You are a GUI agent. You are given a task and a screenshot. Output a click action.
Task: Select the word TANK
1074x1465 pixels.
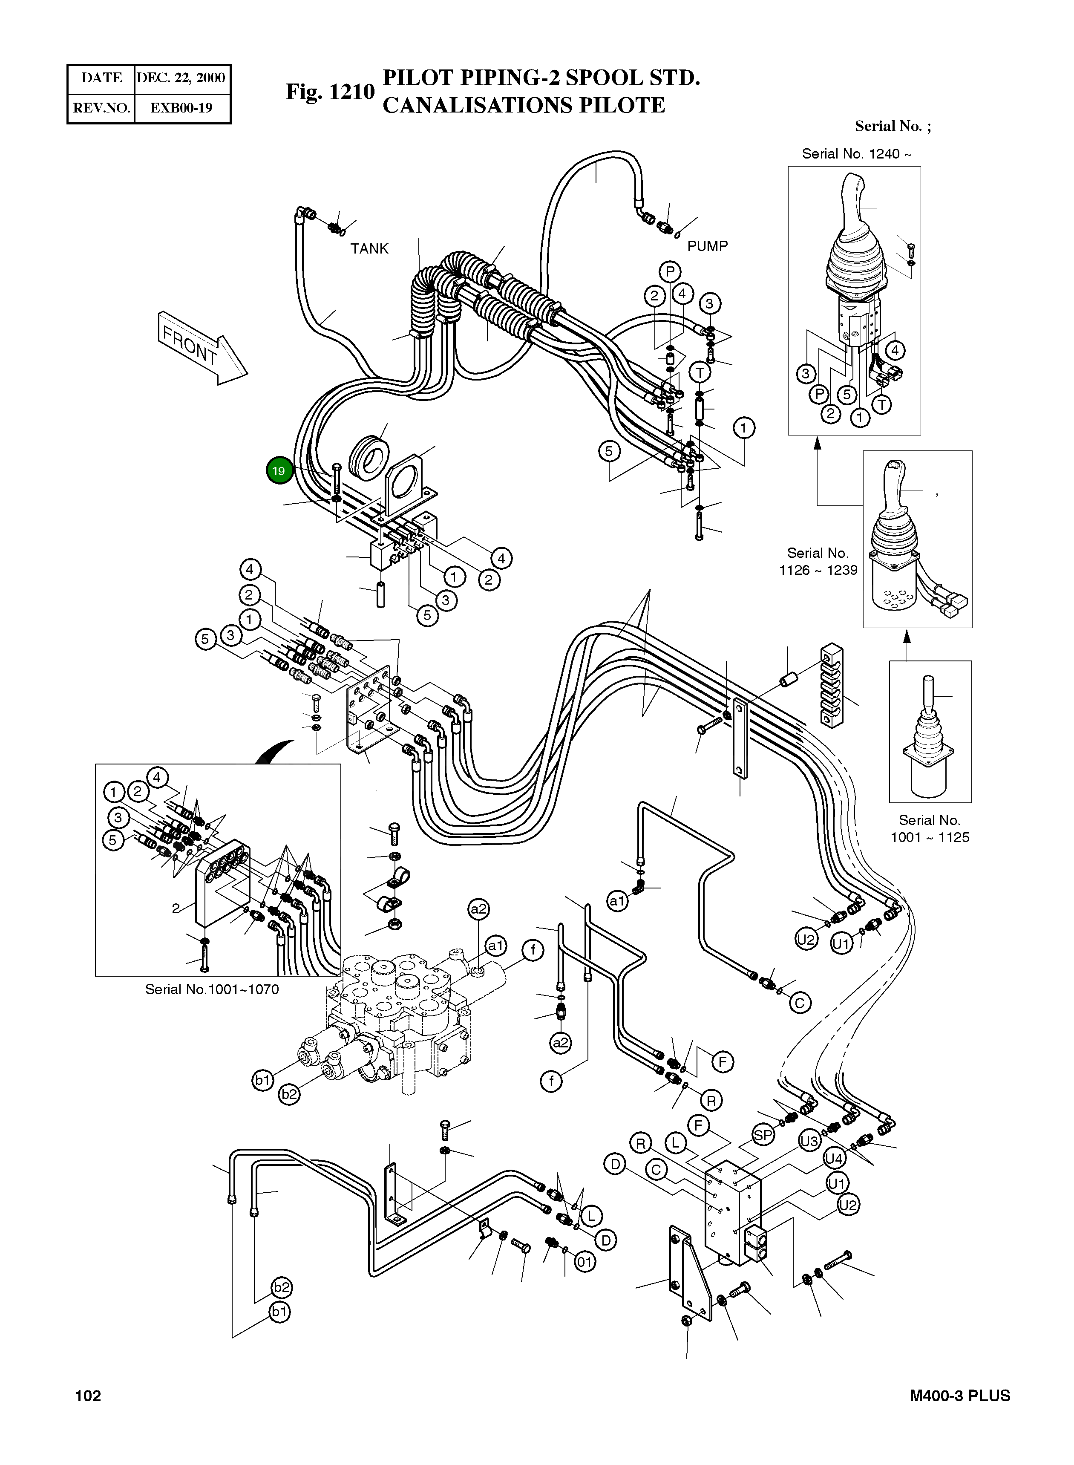[x=369, y=248]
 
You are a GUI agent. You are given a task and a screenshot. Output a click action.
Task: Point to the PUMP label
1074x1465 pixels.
[x=707, y=246]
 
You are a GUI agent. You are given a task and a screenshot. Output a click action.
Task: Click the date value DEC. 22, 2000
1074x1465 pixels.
[x=181, y=78]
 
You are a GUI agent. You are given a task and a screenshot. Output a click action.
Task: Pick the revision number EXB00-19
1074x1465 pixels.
[x=181, y=108]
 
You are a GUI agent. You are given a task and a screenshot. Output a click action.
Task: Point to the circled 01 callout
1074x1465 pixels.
[x=585, y=1263]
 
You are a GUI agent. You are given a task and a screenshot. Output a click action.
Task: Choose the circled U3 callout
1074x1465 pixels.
[x=809, y=1141]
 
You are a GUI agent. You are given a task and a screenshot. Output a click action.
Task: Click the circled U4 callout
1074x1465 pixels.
[x=834, y=1159]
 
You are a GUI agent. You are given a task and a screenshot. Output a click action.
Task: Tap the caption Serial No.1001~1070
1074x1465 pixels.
[x=212, y=989]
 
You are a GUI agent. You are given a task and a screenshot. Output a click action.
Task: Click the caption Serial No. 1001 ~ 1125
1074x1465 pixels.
[x=930, y=828]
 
